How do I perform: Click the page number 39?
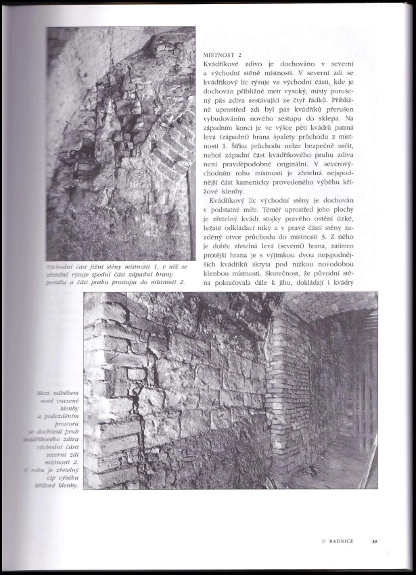click(x=374, y=540)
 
